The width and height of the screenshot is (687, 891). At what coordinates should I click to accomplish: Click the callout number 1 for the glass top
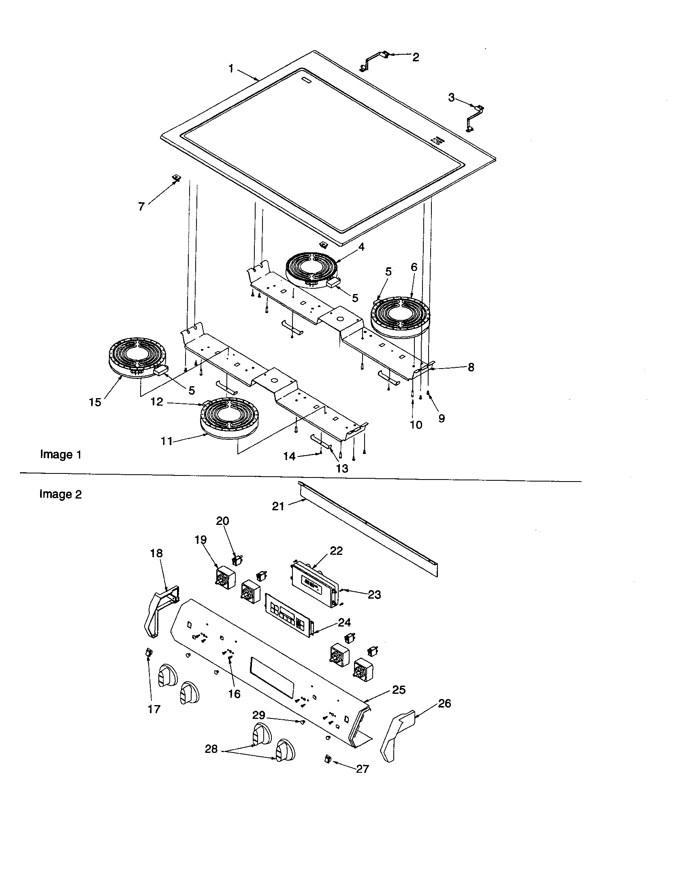(231, 68)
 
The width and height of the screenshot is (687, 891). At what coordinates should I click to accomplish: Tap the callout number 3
(451, 98)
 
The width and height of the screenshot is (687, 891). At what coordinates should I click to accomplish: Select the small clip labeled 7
(177, 178)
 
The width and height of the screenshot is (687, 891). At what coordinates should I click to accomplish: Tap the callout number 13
(342, 468)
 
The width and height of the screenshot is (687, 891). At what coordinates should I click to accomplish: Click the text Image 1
(61, 454)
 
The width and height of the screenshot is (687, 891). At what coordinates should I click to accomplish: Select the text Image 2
(60, 494)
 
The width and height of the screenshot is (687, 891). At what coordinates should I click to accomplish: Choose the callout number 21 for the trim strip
(278, 506)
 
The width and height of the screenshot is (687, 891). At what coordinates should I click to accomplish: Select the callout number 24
(344, 622)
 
